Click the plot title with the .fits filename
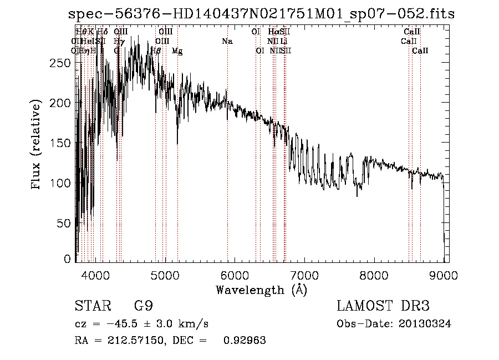(x=261, y=14)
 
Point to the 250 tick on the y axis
(x=63, y=63)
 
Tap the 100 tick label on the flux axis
(x=63, y=183)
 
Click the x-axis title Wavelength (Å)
(x=261, y=289)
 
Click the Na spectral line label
(x=227, y=41)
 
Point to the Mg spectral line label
(x=177, y=50)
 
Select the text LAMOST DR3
(x=383, y=306)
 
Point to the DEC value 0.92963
(x=244, y=341)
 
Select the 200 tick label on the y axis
(x=63, y=103)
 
